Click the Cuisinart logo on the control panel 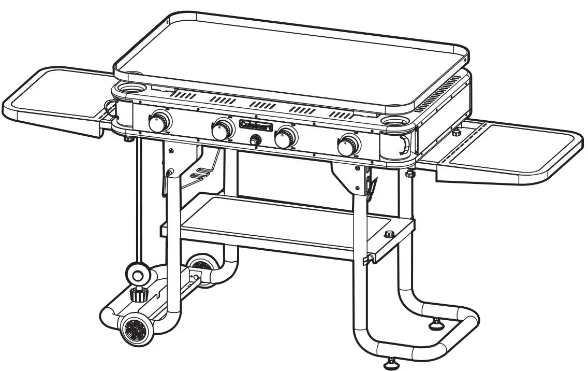tap(256, 124)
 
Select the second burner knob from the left tap(222, 130)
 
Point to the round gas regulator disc tap(138, 273)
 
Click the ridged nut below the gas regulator tap(138, 295)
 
